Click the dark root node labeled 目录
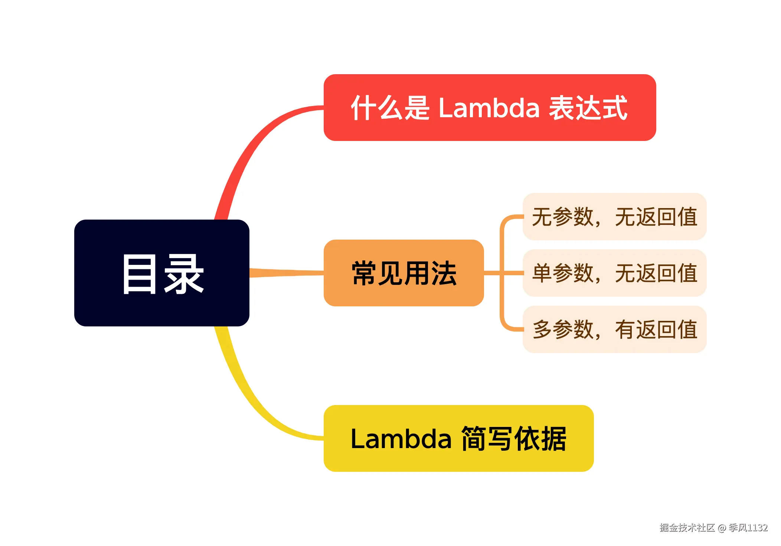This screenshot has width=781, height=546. coord(161,273)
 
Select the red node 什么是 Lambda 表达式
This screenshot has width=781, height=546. coord(489,108)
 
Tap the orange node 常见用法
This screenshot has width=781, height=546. coord(403,273)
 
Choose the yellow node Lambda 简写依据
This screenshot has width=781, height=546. coord(458,438)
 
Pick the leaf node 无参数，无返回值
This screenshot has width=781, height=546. coord(614,217)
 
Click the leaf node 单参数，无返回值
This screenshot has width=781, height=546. coord(614,273)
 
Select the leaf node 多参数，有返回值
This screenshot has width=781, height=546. coord(614,329)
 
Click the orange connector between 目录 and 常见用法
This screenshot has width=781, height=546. coord(286,273)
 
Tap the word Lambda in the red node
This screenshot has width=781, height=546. coord(488,108)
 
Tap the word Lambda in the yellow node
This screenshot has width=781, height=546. coord(401,439)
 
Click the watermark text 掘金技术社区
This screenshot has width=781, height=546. coord(687,528)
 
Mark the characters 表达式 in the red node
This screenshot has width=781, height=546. coord(588,108)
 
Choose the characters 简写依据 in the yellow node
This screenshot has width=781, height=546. coord(513,439)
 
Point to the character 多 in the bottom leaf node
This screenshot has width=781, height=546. coord(542,330)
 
